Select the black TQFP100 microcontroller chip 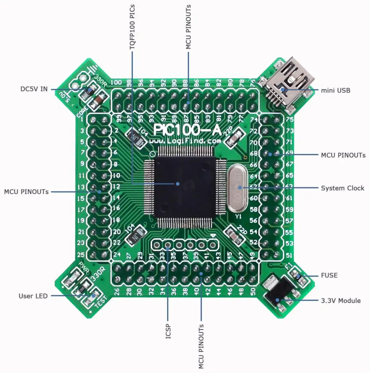point(184,186)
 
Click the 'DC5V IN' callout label point(34,89)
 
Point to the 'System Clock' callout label point(343,188)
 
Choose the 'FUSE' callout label point(329,275)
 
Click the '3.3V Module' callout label point(341,301)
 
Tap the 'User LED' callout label point(33,296)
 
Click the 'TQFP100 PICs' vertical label point(132,27)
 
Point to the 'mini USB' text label point(335,90)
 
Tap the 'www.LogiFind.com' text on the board point(185,141)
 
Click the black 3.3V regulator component point(277,293)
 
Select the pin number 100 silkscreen point(116,82)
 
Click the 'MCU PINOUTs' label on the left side point(26,192)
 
